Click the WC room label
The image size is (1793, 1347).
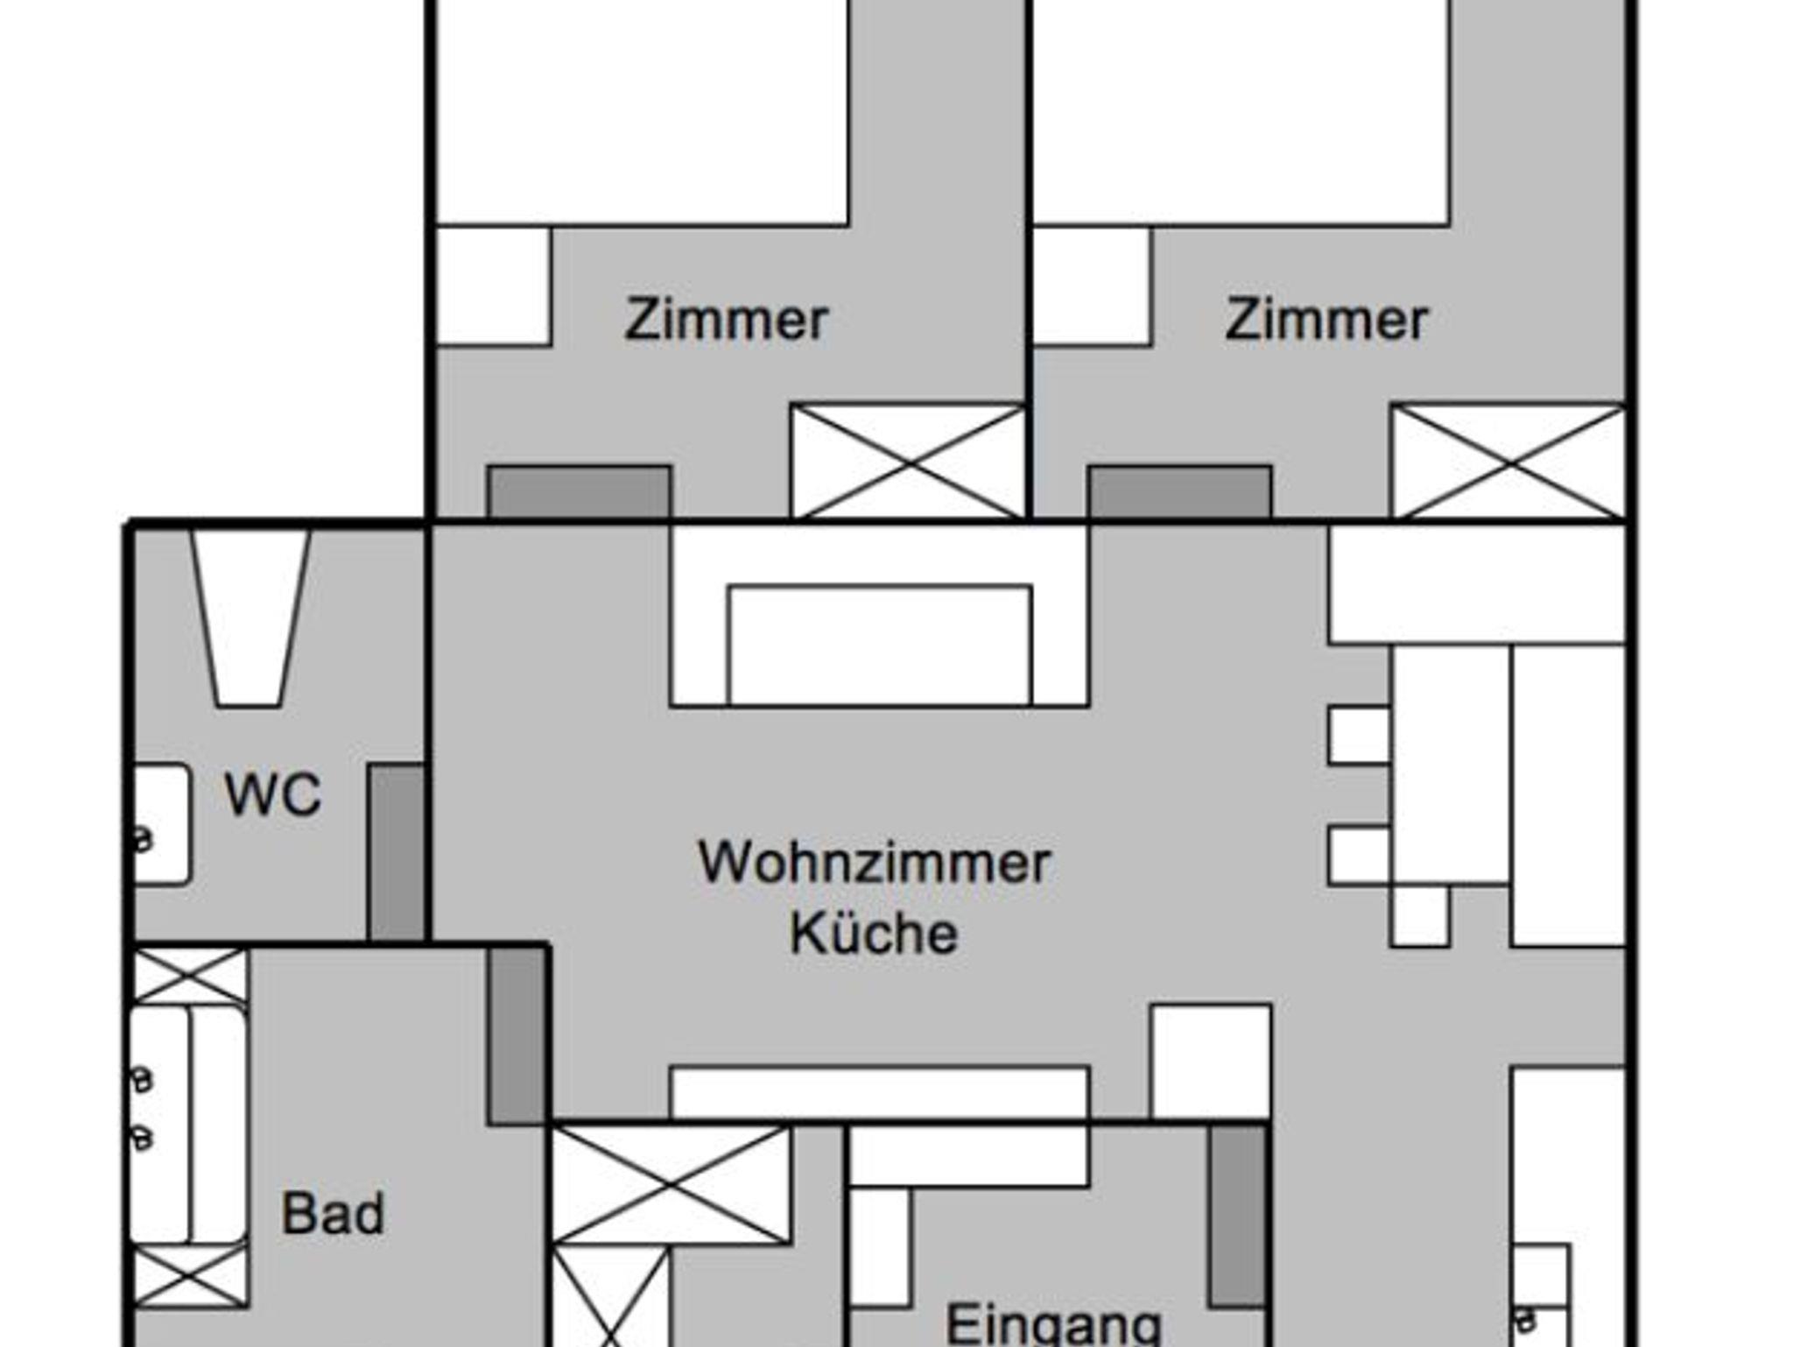pyautogui.click(x=272, y=794)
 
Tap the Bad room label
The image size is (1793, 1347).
pyautogui.click(x=333, y=1214)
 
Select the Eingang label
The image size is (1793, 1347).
pyautogui.click(x=1053, y=1324)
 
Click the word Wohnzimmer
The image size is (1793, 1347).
pyautogui.click(x=874, y=863)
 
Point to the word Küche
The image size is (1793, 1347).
pyautogui.click(x=874, y=934)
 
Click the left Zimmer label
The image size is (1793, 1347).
pyautogui.click(x=726, y=320)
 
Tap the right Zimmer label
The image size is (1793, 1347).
pyautogui.click(x=1326, y=320)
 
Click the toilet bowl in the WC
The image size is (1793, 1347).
pyautogui.click(x=250, y=617)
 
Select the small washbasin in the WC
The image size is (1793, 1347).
pyautogui.click(x=161, y=823)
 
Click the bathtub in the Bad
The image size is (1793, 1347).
pyautogui.click(x=189, y=1125)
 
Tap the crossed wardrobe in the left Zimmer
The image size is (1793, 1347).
pyautogui.click(x=908, y=462)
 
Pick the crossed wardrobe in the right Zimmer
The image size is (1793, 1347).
pyautogui.click(x=1508, y=462)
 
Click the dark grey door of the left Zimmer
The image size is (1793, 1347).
pyautogui.click(x=580, y=492)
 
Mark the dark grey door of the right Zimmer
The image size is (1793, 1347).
pyautogui.click(x=1180, y=492)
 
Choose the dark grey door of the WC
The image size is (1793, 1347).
pyautogui.click(x=396, y=852)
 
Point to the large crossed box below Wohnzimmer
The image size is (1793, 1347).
pyautogui.click(x=671, y=1185)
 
